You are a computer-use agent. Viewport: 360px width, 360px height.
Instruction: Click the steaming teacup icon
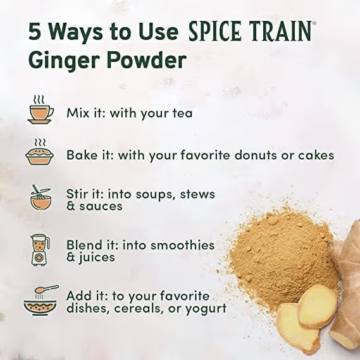pyautogui.click(x=40, y=111)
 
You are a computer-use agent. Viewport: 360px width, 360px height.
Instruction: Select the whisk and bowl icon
pyautogui.click(x=40, y=197)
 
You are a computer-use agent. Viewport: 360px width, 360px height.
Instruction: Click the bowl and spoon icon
pyautogui.click(x=40, y=300)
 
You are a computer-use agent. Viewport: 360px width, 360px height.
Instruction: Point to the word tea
pyautogui.click(x=183, y=114)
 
